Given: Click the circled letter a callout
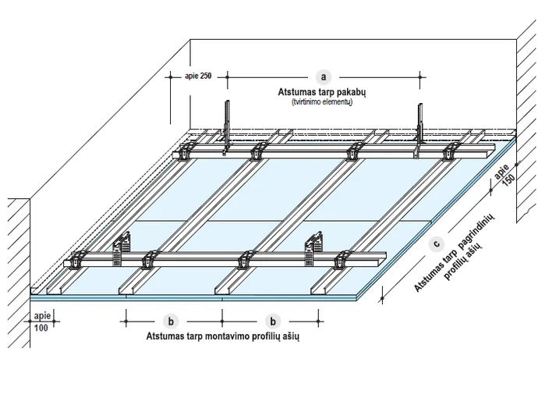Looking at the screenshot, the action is (324, 76).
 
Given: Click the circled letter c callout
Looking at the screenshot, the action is (436, 243).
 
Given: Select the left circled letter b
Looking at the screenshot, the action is (171, 321).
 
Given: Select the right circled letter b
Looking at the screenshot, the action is (273, 321).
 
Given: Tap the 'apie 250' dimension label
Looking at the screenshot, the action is (198, 76).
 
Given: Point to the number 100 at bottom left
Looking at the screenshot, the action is (41, 329).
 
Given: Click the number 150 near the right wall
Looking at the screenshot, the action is (508, 179).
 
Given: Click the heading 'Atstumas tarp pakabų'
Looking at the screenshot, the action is (322, 92).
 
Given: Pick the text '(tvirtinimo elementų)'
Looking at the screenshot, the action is (322, 102).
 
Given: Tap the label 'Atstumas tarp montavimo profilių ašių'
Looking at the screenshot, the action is (223, 336).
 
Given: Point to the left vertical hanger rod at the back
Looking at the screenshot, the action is (228, 127).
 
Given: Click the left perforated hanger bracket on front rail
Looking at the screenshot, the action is (121, 249).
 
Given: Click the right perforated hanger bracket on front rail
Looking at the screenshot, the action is (313, 248).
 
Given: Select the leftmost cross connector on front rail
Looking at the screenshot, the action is (77, 260).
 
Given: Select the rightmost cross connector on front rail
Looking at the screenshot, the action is (342, 260).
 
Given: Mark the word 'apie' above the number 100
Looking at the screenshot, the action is (42, 316).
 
